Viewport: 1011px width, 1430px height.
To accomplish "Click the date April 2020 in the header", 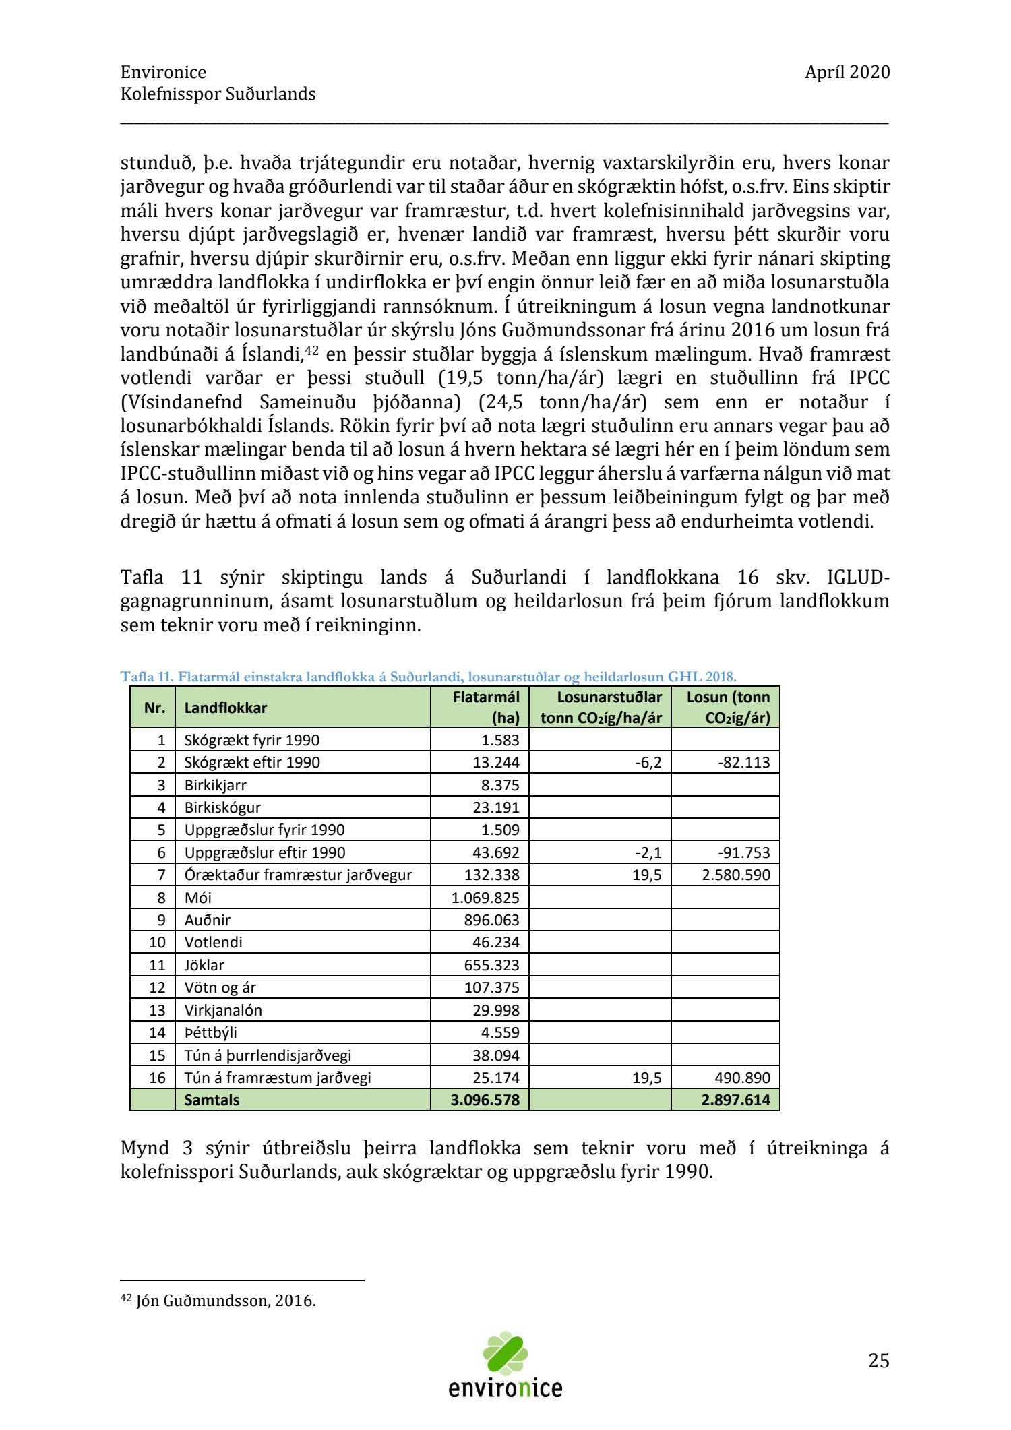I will pyautogui.click(x=847, y=72).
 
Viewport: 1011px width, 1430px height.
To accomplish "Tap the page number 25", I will pyautogui.click(x=878, y=1361).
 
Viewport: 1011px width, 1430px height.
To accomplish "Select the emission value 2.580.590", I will pyautogui.click(x=735, y=875).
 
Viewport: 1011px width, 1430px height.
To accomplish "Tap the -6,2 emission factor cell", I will pyautogui.click(x=648, y=762).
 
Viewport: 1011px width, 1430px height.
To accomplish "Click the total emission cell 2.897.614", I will pyautogui.click(x=735, y=1100).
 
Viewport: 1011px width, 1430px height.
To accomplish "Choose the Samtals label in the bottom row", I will pyautogui.click(x=212, y=1100).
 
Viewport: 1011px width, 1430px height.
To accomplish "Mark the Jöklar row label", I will pyautogui.click(x=204, y=965).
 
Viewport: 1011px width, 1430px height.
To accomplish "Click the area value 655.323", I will pyautogui.click(x=491, y=965).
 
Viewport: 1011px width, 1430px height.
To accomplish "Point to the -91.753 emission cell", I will pyautogui.click(x=743, y=852).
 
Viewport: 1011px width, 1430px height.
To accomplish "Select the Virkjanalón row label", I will pyautogui.click(x=223, y=1010).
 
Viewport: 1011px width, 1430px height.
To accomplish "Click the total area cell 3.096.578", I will pyautogui.click(x=485, y=1100).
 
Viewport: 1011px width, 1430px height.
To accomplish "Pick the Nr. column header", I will pyautogui.click(x=154, y=708).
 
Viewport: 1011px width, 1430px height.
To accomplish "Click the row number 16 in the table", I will pyautogui.click(x=156, y=1078).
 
